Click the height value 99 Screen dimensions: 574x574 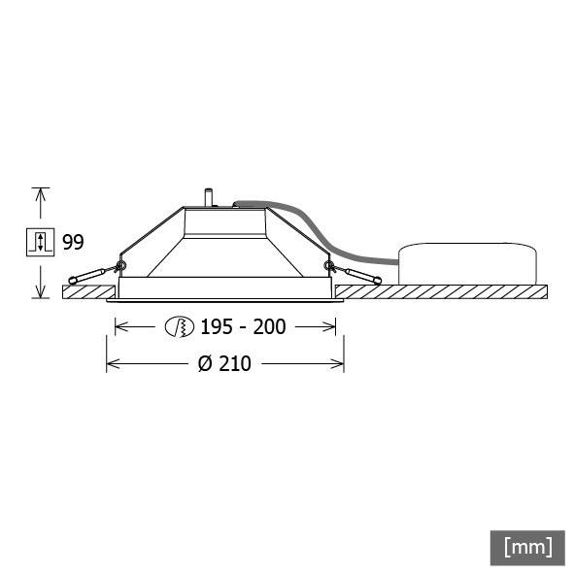(x=73, y=242)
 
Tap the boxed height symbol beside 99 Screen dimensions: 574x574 (x=40, y=242)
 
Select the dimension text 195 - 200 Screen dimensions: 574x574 (x=243, y=327)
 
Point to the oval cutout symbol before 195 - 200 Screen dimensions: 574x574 (x=180, y=327)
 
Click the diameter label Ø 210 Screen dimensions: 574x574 (x=224, y=364)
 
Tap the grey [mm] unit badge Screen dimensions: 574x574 (x=527, y=546)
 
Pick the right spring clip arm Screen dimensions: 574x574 (x=356, y=275)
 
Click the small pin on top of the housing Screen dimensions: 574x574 (x=208, y=196)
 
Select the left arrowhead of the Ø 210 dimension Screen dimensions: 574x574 (x=111, y=364)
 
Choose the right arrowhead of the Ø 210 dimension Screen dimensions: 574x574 (x=339, y=364)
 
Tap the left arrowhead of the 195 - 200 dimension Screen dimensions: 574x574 (x=120, y=327)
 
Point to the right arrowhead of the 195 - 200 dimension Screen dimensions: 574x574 (x=332, y=327)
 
